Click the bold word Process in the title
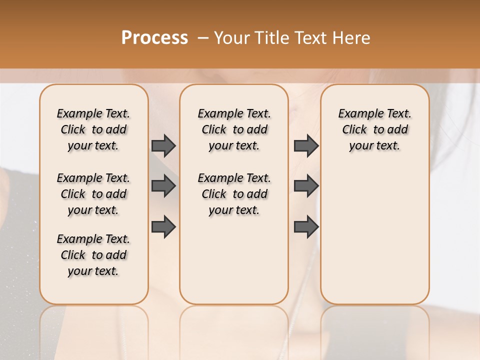point(154,37)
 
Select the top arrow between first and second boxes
point(163,146)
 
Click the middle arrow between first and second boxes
point(163,186)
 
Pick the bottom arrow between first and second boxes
point(163,226)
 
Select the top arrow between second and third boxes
point(306,146)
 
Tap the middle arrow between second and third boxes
point(306,186)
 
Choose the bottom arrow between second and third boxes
point(306,226)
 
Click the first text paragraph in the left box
point(93,129)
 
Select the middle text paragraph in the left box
point(93,194)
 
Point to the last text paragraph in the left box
point(93,255)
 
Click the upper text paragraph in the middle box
point(234,129)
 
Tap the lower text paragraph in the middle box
point(234,194)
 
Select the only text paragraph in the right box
point(374,129)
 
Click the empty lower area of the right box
point(374,240)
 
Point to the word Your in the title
point(232,37)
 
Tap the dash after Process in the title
point(203,37)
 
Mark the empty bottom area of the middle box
point(234,265)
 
